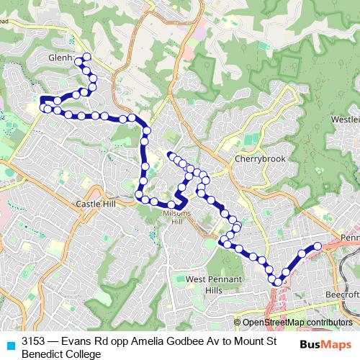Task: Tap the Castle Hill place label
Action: (x=96, y=204)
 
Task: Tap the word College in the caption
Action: (x=82, y=354)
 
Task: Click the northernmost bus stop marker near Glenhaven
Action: (x=87, y=57)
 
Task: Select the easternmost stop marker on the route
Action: (x=317, y=246)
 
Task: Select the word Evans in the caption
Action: (x=76, y=341)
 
